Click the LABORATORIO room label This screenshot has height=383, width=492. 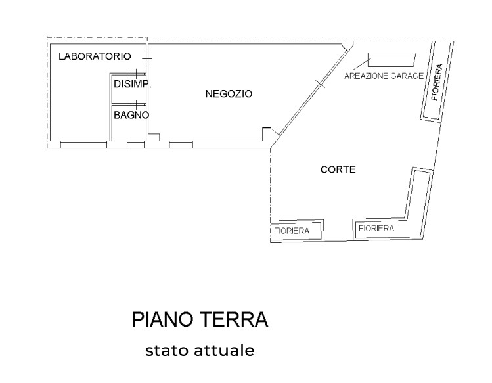tap(95, 56)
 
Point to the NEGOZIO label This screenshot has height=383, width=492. tap(229, 94)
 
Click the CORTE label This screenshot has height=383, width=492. tap(338, 169)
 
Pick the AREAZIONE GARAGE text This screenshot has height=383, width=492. tap(384, 76)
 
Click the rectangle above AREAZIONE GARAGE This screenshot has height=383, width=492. tap(391, 60)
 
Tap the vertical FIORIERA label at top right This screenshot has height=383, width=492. tap(436, 81)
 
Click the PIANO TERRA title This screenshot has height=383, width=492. tap(200, 320)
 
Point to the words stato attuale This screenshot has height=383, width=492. tap(200, 350)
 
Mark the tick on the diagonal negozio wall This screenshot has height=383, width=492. tap(319, 83)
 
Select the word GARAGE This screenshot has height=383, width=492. tap(407, 76)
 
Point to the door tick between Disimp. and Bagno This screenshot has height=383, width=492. tap(135, 103)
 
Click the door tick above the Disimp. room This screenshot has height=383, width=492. tap(135, 73)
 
